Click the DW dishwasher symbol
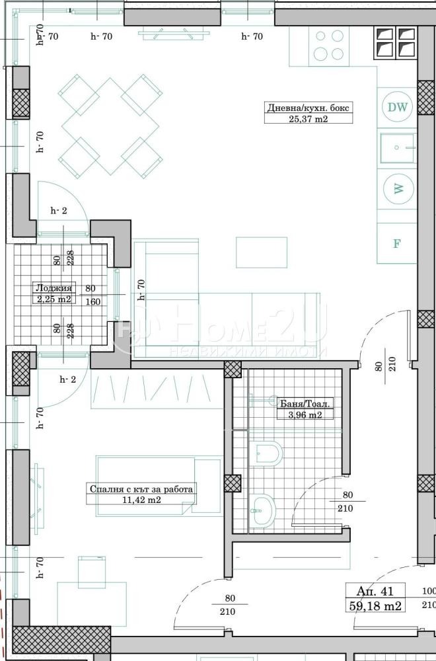[397, 107]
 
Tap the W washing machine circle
[398, 188]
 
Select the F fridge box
[397, 243]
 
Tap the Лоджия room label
[52, 288]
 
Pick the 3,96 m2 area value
[305, 415]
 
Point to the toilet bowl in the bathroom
[268, 453]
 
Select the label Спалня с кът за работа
[141, 490]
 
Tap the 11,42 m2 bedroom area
[141, 500]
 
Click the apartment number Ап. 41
[375, 592]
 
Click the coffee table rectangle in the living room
[262, 252]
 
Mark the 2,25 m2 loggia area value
[52, 299]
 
